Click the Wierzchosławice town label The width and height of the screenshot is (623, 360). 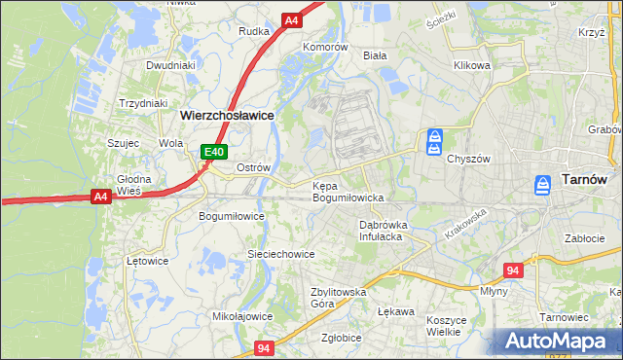point(226,115)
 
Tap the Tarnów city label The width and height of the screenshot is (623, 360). point(584,180)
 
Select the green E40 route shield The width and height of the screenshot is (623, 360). point(214,152)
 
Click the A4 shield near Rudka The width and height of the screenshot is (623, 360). point(291,19)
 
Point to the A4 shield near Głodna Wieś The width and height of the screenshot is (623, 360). point(100,197)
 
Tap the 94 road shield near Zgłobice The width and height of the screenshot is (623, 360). point(264,347)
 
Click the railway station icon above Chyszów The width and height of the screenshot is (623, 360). point(435,141)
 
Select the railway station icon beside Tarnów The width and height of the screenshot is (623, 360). point(544,185)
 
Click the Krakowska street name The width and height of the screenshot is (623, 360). point(464,225)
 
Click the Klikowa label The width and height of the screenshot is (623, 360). point(471,66)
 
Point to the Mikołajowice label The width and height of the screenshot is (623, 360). point(242,316)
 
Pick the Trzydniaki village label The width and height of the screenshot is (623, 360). point(144,103)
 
